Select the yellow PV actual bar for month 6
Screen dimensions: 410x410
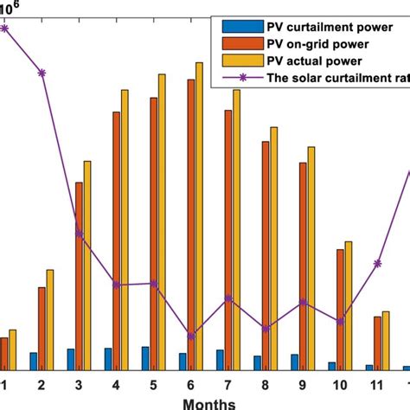coord(199,216)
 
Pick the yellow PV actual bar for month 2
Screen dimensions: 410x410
coord(49,319)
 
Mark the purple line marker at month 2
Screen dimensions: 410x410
coord(42,73)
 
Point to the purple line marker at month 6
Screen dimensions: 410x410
coord(190,336)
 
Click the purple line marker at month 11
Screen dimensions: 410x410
coord(377,263)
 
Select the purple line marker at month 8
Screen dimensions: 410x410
coord(266,329)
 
